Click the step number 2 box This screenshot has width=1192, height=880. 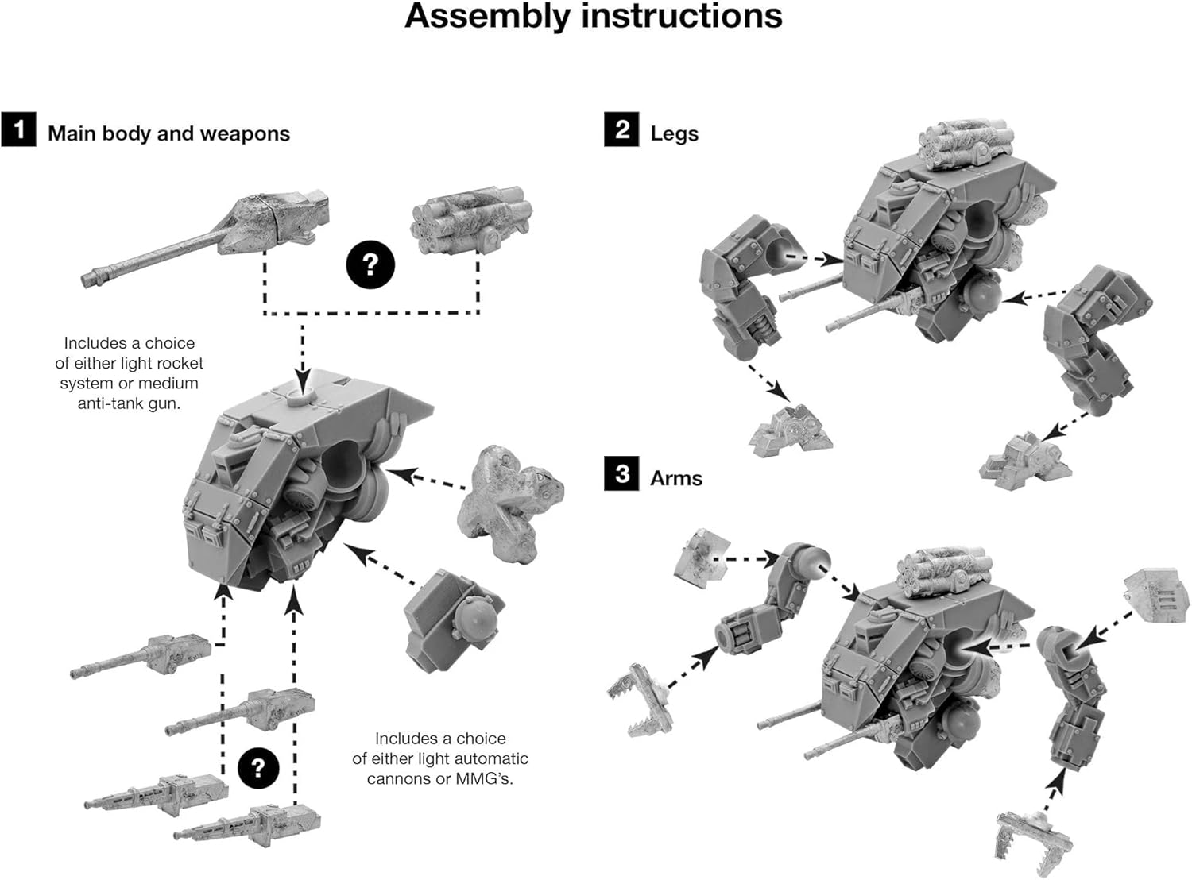point(621,129)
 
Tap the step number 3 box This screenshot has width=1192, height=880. point(621,474)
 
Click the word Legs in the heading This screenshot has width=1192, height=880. point(674,133)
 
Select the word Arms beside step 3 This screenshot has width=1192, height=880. point(676,478)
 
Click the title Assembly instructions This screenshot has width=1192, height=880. point(594,17)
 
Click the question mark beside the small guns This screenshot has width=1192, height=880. point(257,768)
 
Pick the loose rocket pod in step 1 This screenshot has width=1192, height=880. point(470,218)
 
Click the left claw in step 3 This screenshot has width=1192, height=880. point(641,698)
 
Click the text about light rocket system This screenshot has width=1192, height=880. point(129,373)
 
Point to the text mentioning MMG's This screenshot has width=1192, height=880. point(439,758)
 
